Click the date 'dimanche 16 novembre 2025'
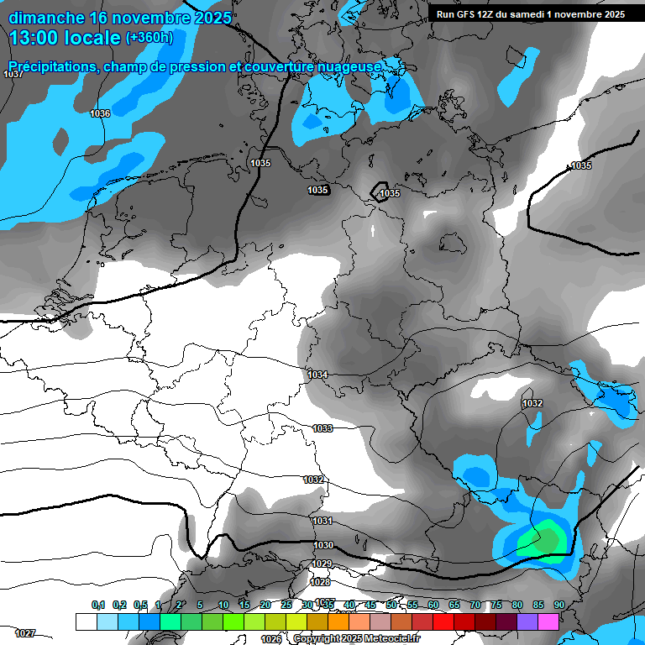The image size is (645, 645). pyautogui.click(x=120, y=17)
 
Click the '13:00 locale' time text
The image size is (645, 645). pyautogui.click(x=66, y=37)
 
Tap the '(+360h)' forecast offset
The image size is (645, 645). pyautogui.click(x=149, y=37)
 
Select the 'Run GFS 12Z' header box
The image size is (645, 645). pyautogui.click(x=530, y=13)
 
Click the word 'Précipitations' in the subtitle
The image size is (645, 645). pyautogui.click(x=53, y=66)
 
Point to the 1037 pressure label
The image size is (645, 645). pyautogui.click(x=13, y=75)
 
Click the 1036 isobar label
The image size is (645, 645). pyautogui.click(x=100, y=113)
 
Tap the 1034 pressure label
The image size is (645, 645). pyautogui.click(x=317, y=375)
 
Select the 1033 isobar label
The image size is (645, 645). pyautogui.click(x=322, y=428)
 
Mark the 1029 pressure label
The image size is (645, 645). pyautogui.click(x=321, y=564)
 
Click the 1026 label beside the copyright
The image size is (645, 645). pyautogui.click(x=270, y=639)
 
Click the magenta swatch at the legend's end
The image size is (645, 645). pyautogui.click(x=548, y=621)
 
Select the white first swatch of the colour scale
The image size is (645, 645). pyautogui.click(x=86, y=621)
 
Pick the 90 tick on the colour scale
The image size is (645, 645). pyautogui.click(x=558, y=605)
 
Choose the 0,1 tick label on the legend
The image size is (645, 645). pyautogui.click(x=98, y=605)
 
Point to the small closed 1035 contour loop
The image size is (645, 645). pyautogui.click(x=380, y=189)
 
